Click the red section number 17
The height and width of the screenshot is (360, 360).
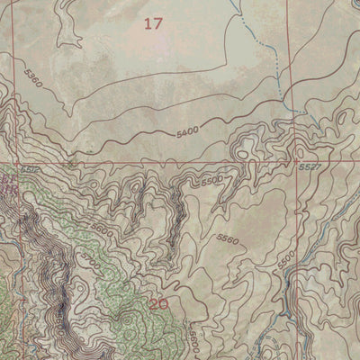(154, 24)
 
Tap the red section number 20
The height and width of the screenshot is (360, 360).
(159, 304)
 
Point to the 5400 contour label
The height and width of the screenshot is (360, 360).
(186, 132)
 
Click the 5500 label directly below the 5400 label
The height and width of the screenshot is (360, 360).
(211, 180)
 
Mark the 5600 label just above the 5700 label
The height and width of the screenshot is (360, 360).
(101, 231)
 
